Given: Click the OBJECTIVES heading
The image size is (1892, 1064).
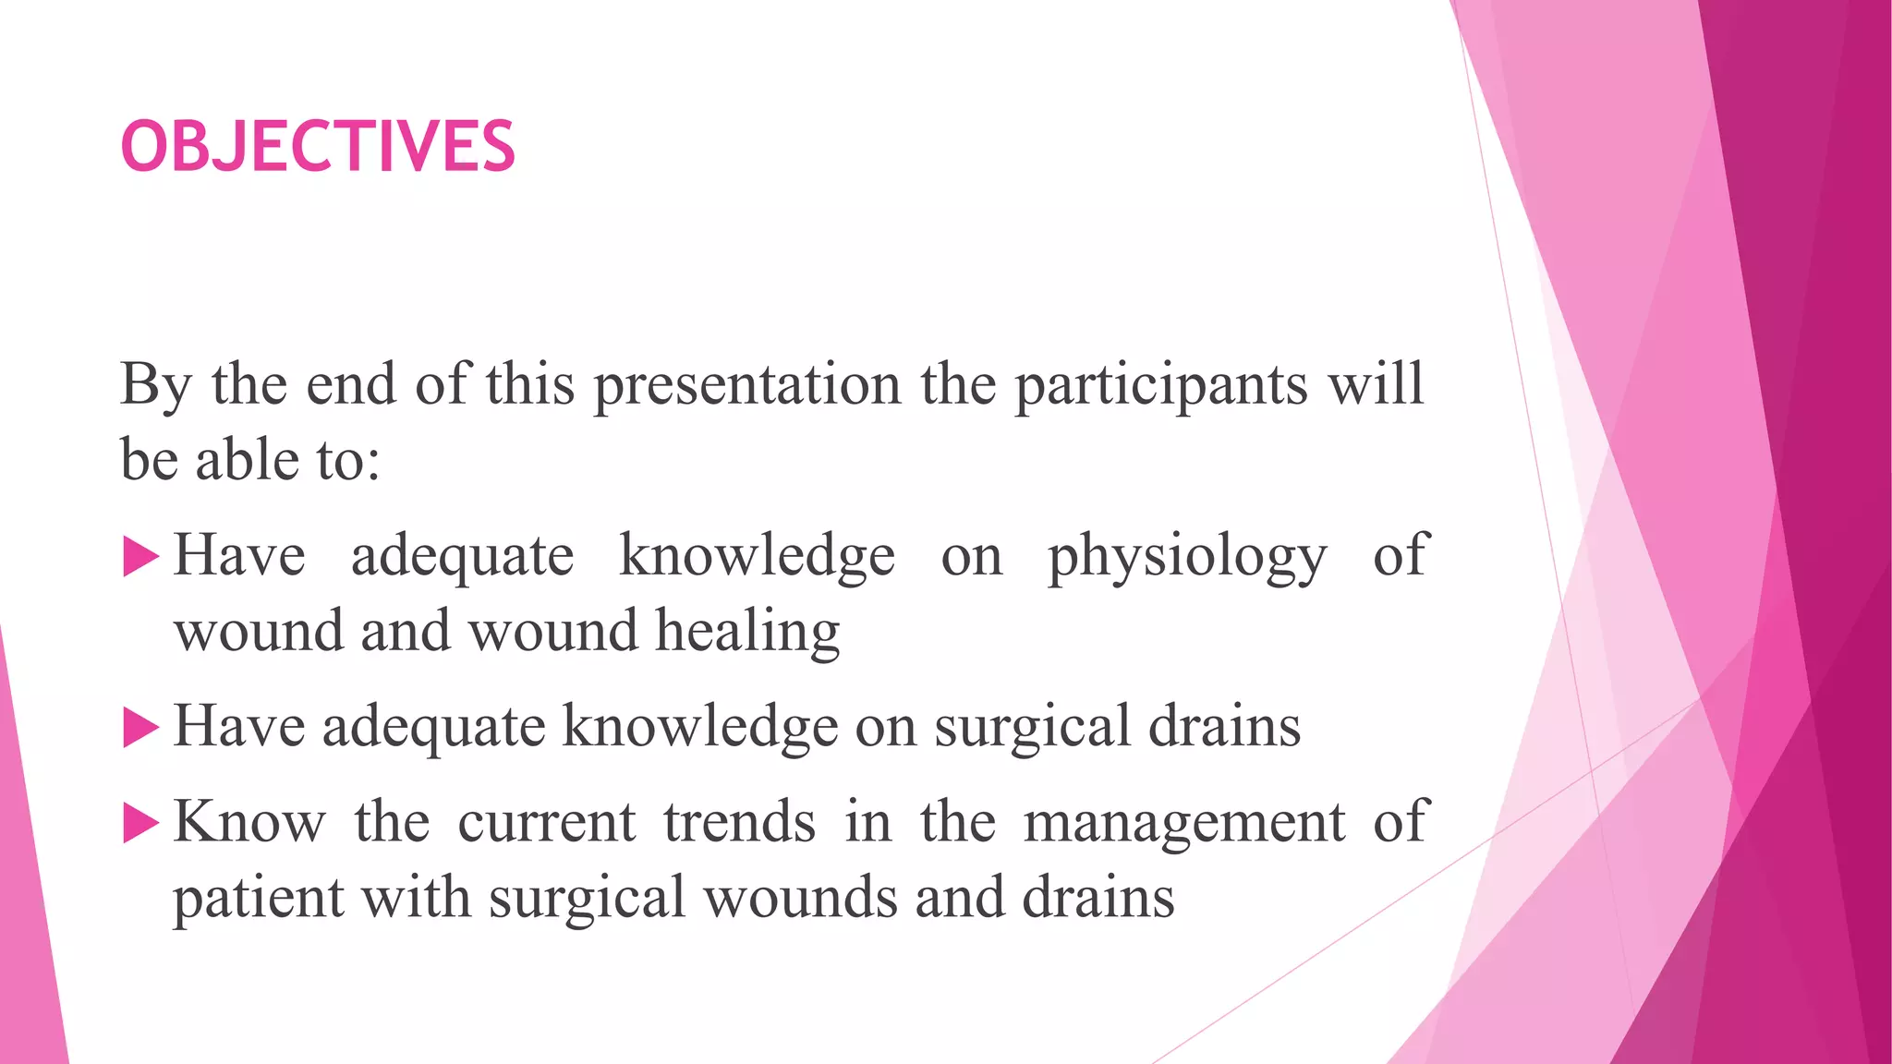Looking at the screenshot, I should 318,147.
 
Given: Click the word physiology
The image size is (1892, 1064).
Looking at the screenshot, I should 1187,557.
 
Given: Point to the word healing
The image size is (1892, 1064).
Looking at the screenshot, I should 747,633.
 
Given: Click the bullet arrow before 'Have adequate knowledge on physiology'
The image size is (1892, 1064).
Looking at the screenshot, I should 140,558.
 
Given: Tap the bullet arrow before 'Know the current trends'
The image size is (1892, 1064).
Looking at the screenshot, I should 140,823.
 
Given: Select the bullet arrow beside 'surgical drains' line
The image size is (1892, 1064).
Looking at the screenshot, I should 140,728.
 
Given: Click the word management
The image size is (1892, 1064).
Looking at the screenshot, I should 1183,823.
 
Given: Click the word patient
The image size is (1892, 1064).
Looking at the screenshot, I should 258,898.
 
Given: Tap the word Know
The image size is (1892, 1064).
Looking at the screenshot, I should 249,821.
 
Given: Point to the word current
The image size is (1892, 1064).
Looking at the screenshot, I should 546,821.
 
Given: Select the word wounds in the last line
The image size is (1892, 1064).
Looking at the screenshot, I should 800,898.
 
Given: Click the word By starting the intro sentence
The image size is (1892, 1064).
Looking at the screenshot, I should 155,386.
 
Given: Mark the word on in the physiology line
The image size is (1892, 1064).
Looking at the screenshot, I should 971,557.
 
